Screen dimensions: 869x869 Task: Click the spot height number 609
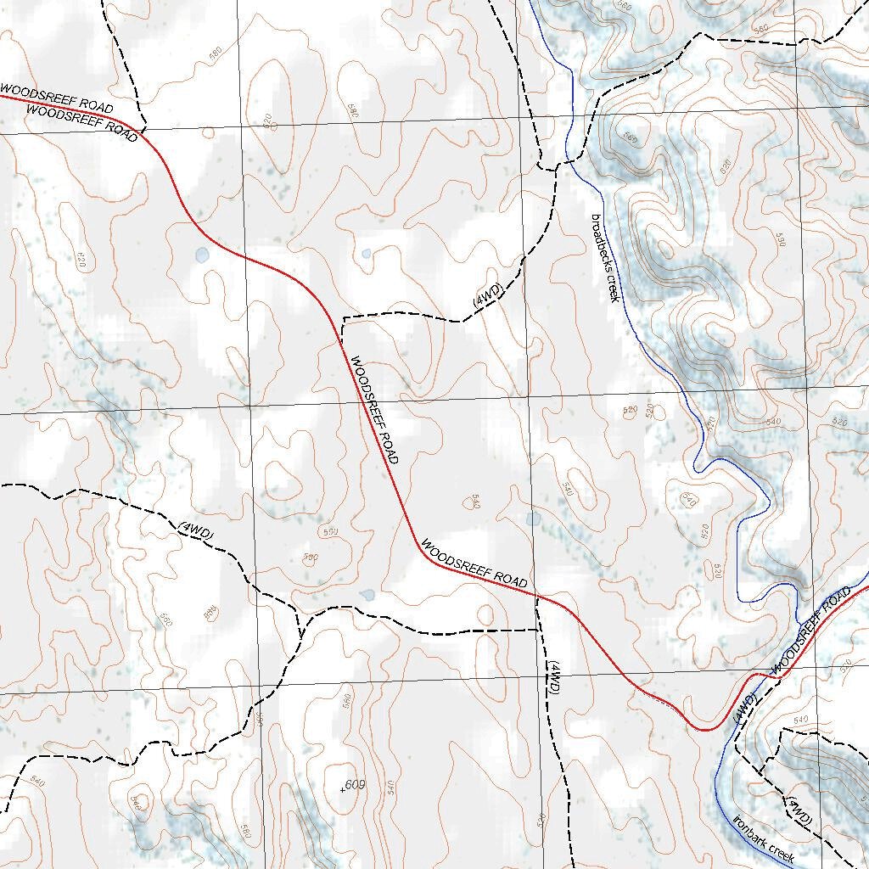[355, 785]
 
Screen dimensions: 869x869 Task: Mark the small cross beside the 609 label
[343, 790]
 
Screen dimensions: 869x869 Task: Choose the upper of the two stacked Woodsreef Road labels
[56, 98]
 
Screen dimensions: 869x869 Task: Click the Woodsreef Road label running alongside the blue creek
[810, 631]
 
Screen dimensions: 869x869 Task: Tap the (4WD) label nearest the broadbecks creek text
[488, 298]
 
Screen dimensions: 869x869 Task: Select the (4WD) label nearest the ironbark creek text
[799, 811]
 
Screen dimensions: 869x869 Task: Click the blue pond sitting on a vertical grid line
[533, 518]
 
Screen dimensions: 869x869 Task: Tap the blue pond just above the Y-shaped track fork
[367, 595]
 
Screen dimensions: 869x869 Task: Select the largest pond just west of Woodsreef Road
[201, 254]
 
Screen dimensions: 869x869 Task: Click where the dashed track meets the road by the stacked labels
[142, 129]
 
